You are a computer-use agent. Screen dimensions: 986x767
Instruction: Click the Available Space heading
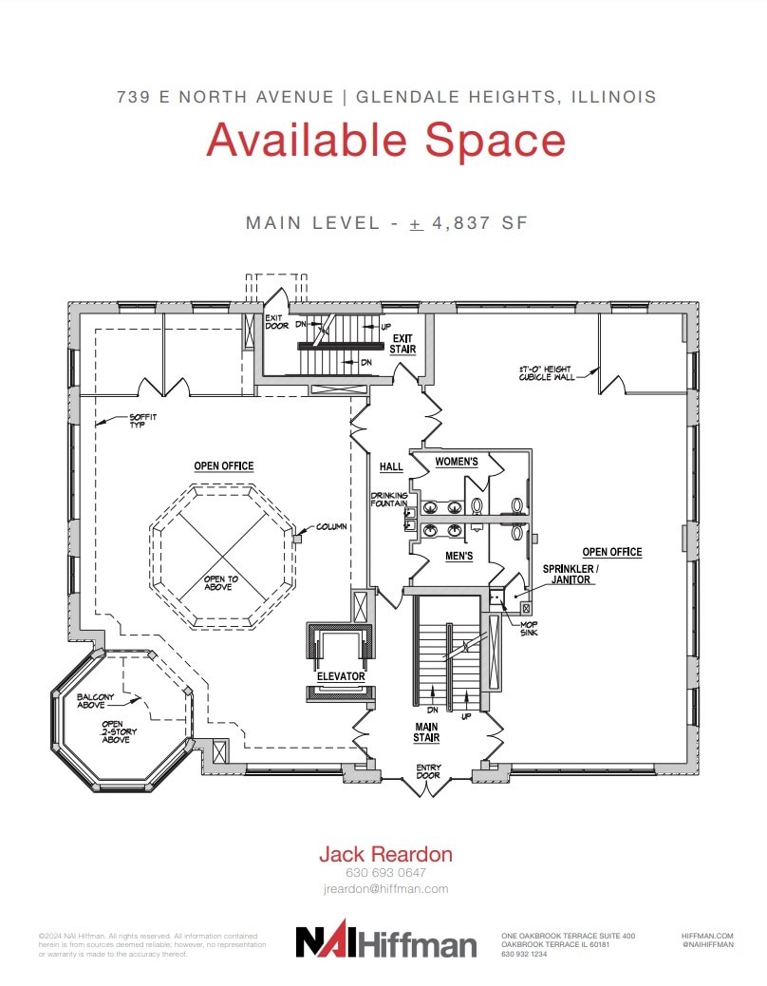click(385, 140)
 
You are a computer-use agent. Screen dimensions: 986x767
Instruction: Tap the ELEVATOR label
click(341, 676)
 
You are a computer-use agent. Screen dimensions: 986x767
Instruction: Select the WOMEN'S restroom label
click(456, 462)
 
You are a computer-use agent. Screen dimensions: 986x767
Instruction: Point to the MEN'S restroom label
click(458, 556)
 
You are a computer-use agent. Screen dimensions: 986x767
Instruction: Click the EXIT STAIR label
click(402, 344)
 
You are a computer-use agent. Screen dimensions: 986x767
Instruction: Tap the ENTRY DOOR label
click(428, 771)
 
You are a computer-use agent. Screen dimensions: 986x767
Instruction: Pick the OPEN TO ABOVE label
click(221, 583)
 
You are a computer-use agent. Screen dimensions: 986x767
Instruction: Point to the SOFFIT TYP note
click(143, 420)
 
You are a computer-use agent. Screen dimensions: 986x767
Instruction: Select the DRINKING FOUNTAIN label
click(390, 501)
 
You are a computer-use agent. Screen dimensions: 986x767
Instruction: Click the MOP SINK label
click(529, 628)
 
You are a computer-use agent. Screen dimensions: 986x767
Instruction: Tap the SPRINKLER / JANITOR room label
click(569, 574)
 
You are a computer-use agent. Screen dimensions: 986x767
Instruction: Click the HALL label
click(391, 467)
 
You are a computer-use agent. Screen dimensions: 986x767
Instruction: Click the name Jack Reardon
click(385, 854)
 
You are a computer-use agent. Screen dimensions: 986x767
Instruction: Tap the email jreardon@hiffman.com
click(385, 889)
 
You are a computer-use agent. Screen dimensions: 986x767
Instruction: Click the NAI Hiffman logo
click(385, 941)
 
